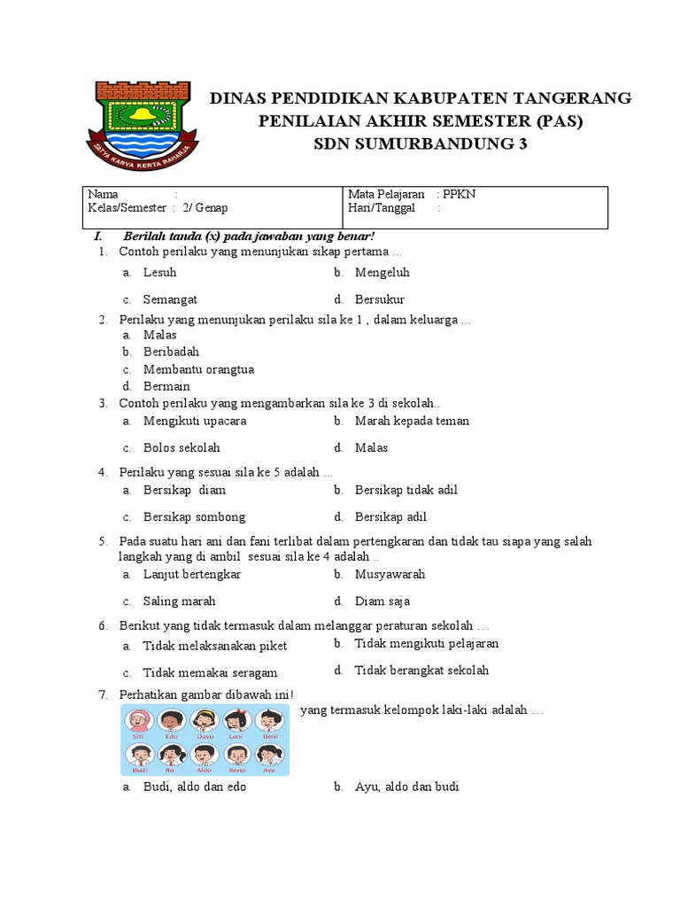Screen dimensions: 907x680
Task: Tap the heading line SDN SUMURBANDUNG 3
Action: (421, 144)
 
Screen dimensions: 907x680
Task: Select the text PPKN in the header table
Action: (460, 195)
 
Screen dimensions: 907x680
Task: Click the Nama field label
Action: (103, 195)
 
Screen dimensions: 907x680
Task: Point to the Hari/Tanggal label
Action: (382, 208)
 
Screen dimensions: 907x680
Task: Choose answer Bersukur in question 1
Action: (379, 299)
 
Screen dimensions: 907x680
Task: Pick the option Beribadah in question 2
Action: (171, 352)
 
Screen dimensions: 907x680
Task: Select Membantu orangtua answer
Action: (198, 369)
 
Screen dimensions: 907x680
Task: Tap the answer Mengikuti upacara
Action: (195, 421)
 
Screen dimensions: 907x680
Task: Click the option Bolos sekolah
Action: (182, 447)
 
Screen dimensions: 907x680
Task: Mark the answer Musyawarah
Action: (390, 574)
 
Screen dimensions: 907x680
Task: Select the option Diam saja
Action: (382, 601)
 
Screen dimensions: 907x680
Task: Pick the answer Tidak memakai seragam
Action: (210, 672)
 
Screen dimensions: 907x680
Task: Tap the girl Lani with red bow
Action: (236, 718)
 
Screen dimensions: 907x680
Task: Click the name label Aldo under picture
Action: (205, 771)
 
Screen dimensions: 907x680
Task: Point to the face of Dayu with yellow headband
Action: (205, 718)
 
